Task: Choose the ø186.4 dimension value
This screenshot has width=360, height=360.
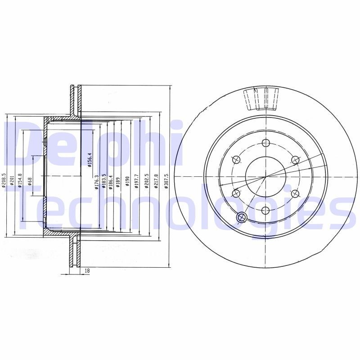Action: (x=111, y=181)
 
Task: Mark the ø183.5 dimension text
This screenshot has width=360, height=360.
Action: (x=103, y=181)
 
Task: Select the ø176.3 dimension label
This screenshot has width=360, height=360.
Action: (x=96, y=181)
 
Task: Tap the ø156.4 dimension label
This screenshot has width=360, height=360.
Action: (x=90, y=160)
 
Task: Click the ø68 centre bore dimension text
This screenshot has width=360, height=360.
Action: (x=30, y=181)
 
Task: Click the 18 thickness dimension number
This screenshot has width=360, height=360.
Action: (x=87, y=270)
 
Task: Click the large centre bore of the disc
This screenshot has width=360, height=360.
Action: (x=265, y=176)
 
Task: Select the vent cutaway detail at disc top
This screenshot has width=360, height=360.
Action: (x=261, y=99)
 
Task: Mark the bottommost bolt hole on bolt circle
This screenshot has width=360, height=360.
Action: (x=265, y=210)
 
